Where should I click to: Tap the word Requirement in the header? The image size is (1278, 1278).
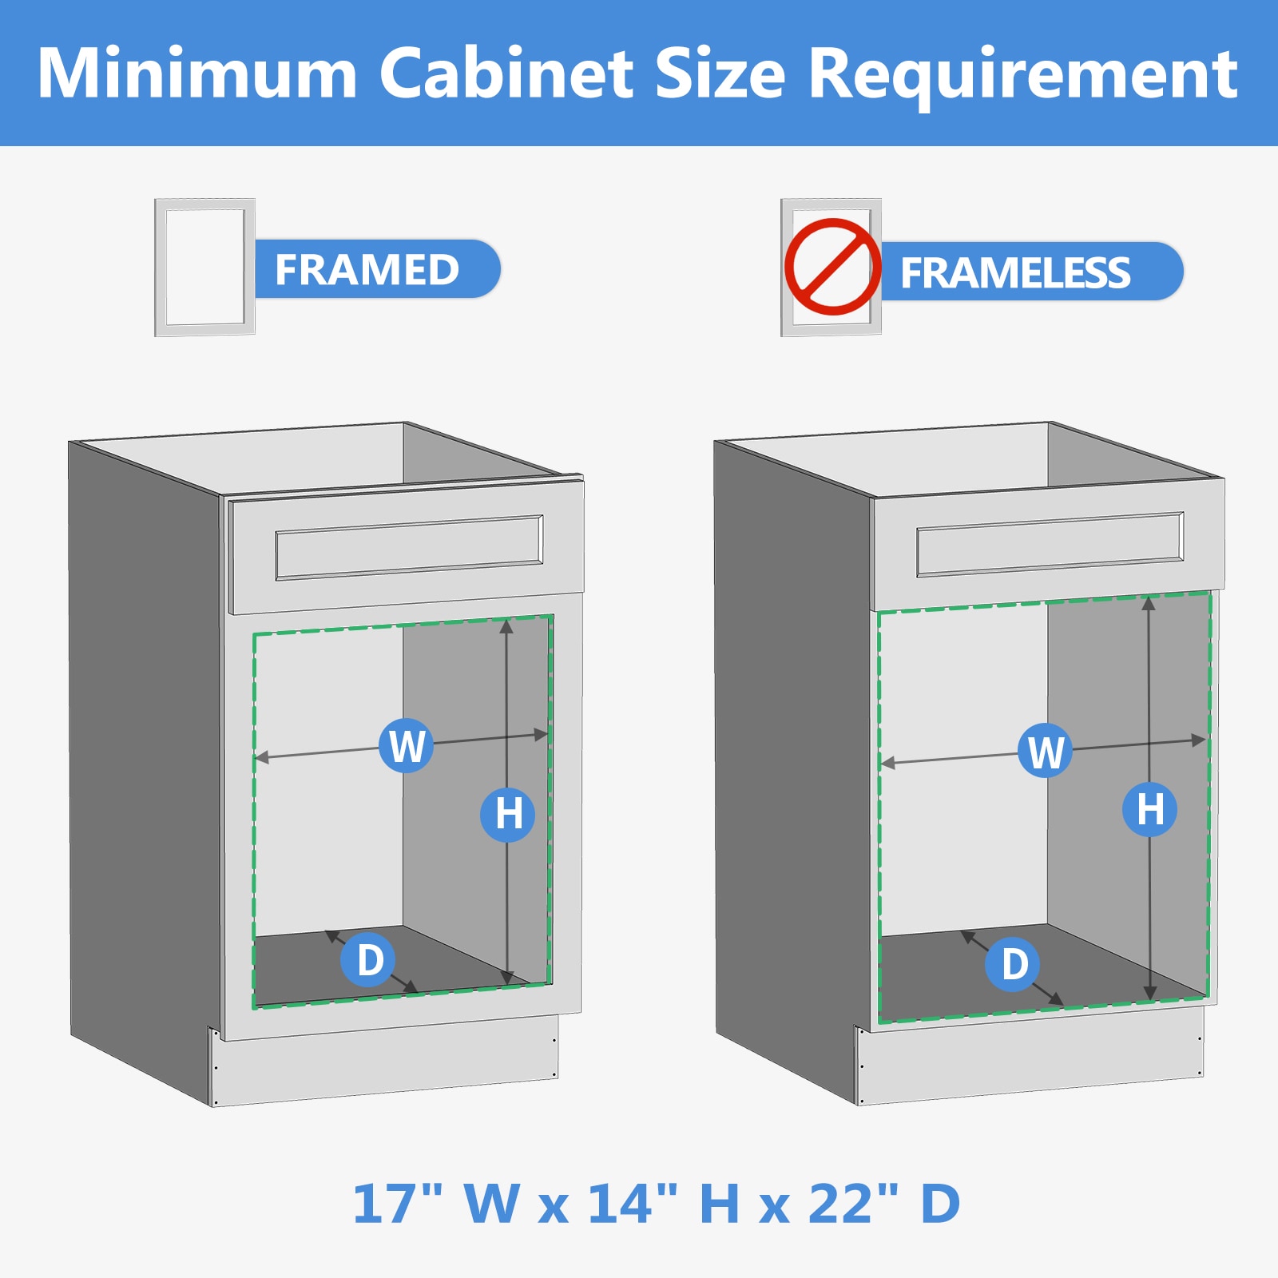coord(1023,73)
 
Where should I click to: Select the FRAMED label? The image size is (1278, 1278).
coord(367,269)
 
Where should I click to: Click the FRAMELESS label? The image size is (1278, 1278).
coord(1015,272)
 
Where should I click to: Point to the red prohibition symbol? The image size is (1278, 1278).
coord(832,267)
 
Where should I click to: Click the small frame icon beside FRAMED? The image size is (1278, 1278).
coord(204,267)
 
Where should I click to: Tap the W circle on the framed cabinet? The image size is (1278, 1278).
coord(406,745)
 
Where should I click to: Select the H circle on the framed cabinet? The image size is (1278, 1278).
coord(507,814)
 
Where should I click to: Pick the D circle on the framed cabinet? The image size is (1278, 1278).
coord(368,958)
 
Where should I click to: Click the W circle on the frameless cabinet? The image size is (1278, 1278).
coord(1045,750)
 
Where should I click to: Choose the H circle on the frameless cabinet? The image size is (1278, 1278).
coord(1149,809)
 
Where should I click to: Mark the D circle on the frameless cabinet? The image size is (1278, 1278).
coord(1012,964)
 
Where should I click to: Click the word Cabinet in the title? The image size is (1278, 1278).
coord(506,73)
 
